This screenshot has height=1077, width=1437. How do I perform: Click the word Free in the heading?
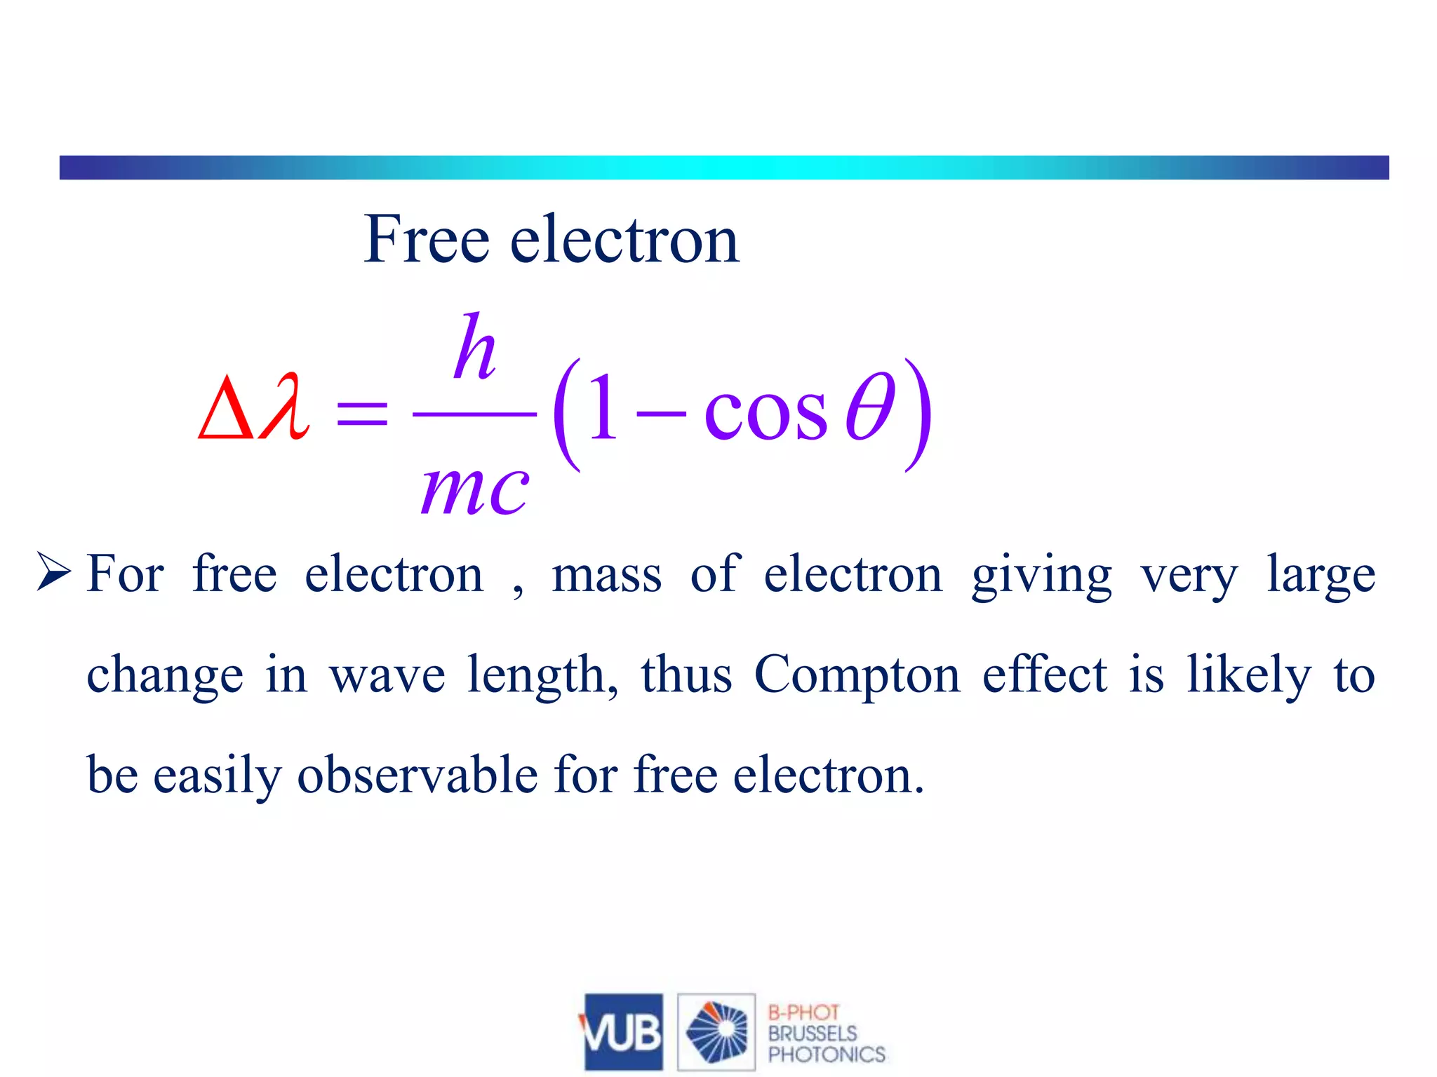coord(426,240)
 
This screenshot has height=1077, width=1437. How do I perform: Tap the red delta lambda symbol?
coord(253,407)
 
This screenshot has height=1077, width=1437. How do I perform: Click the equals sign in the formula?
coord(362,413)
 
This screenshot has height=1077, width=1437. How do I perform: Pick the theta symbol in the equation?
coord(870,407)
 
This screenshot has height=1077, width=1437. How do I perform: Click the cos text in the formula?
coord(766,413)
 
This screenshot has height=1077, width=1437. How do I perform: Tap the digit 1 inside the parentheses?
coord(603,407)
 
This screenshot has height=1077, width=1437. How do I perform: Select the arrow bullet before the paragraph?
coord(54,571)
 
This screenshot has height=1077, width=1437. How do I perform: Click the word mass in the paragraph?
coord(606,575)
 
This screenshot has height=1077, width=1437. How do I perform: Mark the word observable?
coord(417,775)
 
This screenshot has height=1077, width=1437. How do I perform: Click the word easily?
coord(217,777)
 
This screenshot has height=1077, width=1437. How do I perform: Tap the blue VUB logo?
coord(622,1031)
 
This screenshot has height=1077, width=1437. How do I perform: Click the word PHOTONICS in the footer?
coord(827,1055)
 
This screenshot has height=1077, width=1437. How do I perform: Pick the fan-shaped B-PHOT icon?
coord(716,1031)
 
